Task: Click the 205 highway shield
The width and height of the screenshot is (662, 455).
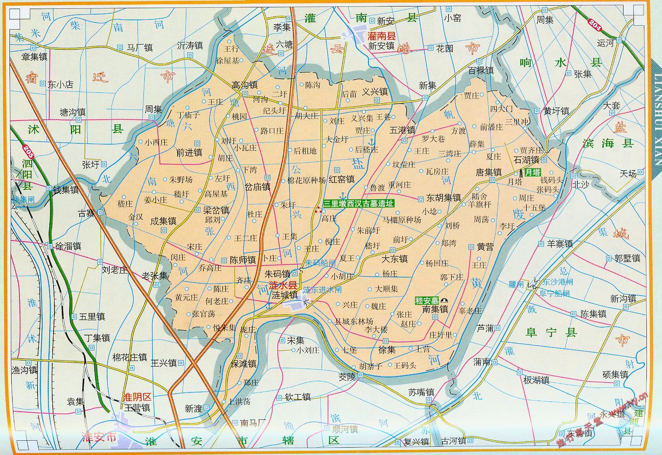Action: tap(29, 151)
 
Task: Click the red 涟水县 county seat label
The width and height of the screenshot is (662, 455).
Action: tap(283, 285)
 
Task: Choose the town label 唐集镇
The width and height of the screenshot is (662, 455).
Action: tap(488, 172)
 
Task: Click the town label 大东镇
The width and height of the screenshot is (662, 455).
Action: tap(395, 259)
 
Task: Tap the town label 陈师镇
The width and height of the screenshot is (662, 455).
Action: tap(242, 260)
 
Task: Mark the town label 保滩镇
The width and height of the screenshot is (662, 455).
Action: tap(244, 364)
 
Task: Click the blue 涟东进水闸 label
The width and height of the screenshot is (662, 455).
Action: tap(322, 290)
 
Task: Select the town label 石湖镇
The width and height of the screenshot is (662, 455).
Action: tap(526, 160)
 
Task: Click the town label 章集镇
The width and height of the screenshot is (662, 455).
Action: tap(35, 57)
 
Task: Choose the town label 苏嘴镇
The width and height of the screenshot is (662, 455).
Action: tap(421, 392)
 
